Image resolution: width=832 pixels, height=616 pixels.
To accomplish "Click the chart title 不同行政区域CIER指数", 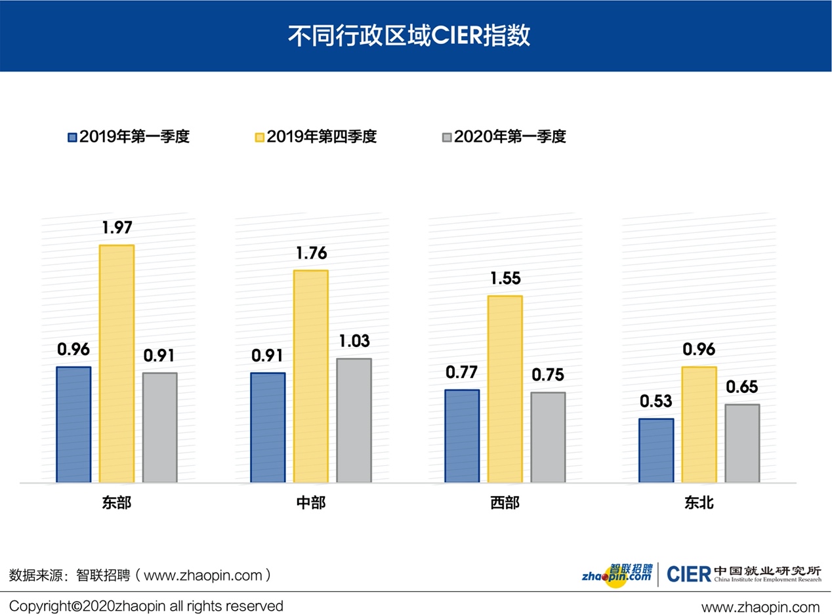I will (x=409, y=36).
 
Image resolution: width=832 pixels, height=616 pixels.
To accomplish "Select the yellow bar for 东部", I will (x=117, y=363).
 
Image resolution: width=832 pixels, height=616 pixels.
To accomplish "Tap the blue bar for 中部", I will (x=268, y=427).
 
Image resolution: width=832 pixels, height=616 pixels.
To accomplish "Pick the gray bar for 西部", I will (x=548, y=437).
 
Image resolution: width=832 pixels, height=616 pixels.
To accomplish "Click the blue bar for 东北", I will (x=656, y=450).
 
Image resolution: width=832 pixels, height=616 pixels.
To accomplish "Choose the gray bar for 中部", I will (x=354, y=420).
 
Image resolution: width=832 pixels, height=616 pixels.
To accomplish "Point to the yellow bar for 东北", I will (x=699, y=424).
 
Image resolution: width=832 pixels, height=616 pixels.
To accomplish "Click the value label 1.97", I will (x=117, y=228).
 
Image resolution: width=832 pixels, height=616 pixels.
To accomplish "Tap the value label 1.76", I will (x=311, y=254).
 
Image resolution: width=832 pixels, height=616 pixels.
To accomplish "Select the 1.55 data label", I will (x=505, y=279).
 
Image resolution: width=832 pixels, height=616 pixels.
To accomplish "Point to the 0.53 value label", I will (x=656, y=401).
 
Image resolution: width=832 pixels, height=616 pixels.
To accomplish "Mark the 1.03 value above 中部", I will (x=354, y=341).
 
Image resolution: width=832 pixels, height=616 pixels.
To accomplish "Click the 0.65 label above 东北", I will (x=742, y=387).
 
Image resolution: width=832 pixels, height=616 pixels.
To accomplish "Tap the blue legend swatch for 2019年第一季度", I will (x=73, y=137).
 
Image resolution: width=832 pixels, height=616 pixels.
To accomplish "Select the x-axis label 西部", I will (x=505, y=503).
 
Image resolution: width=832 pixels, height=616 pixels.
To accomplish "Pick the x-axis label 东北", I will (x=699, y=503).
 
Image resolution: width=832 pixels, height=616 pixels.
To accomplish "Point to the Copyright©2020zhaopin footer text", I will (x=146, y=606).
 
